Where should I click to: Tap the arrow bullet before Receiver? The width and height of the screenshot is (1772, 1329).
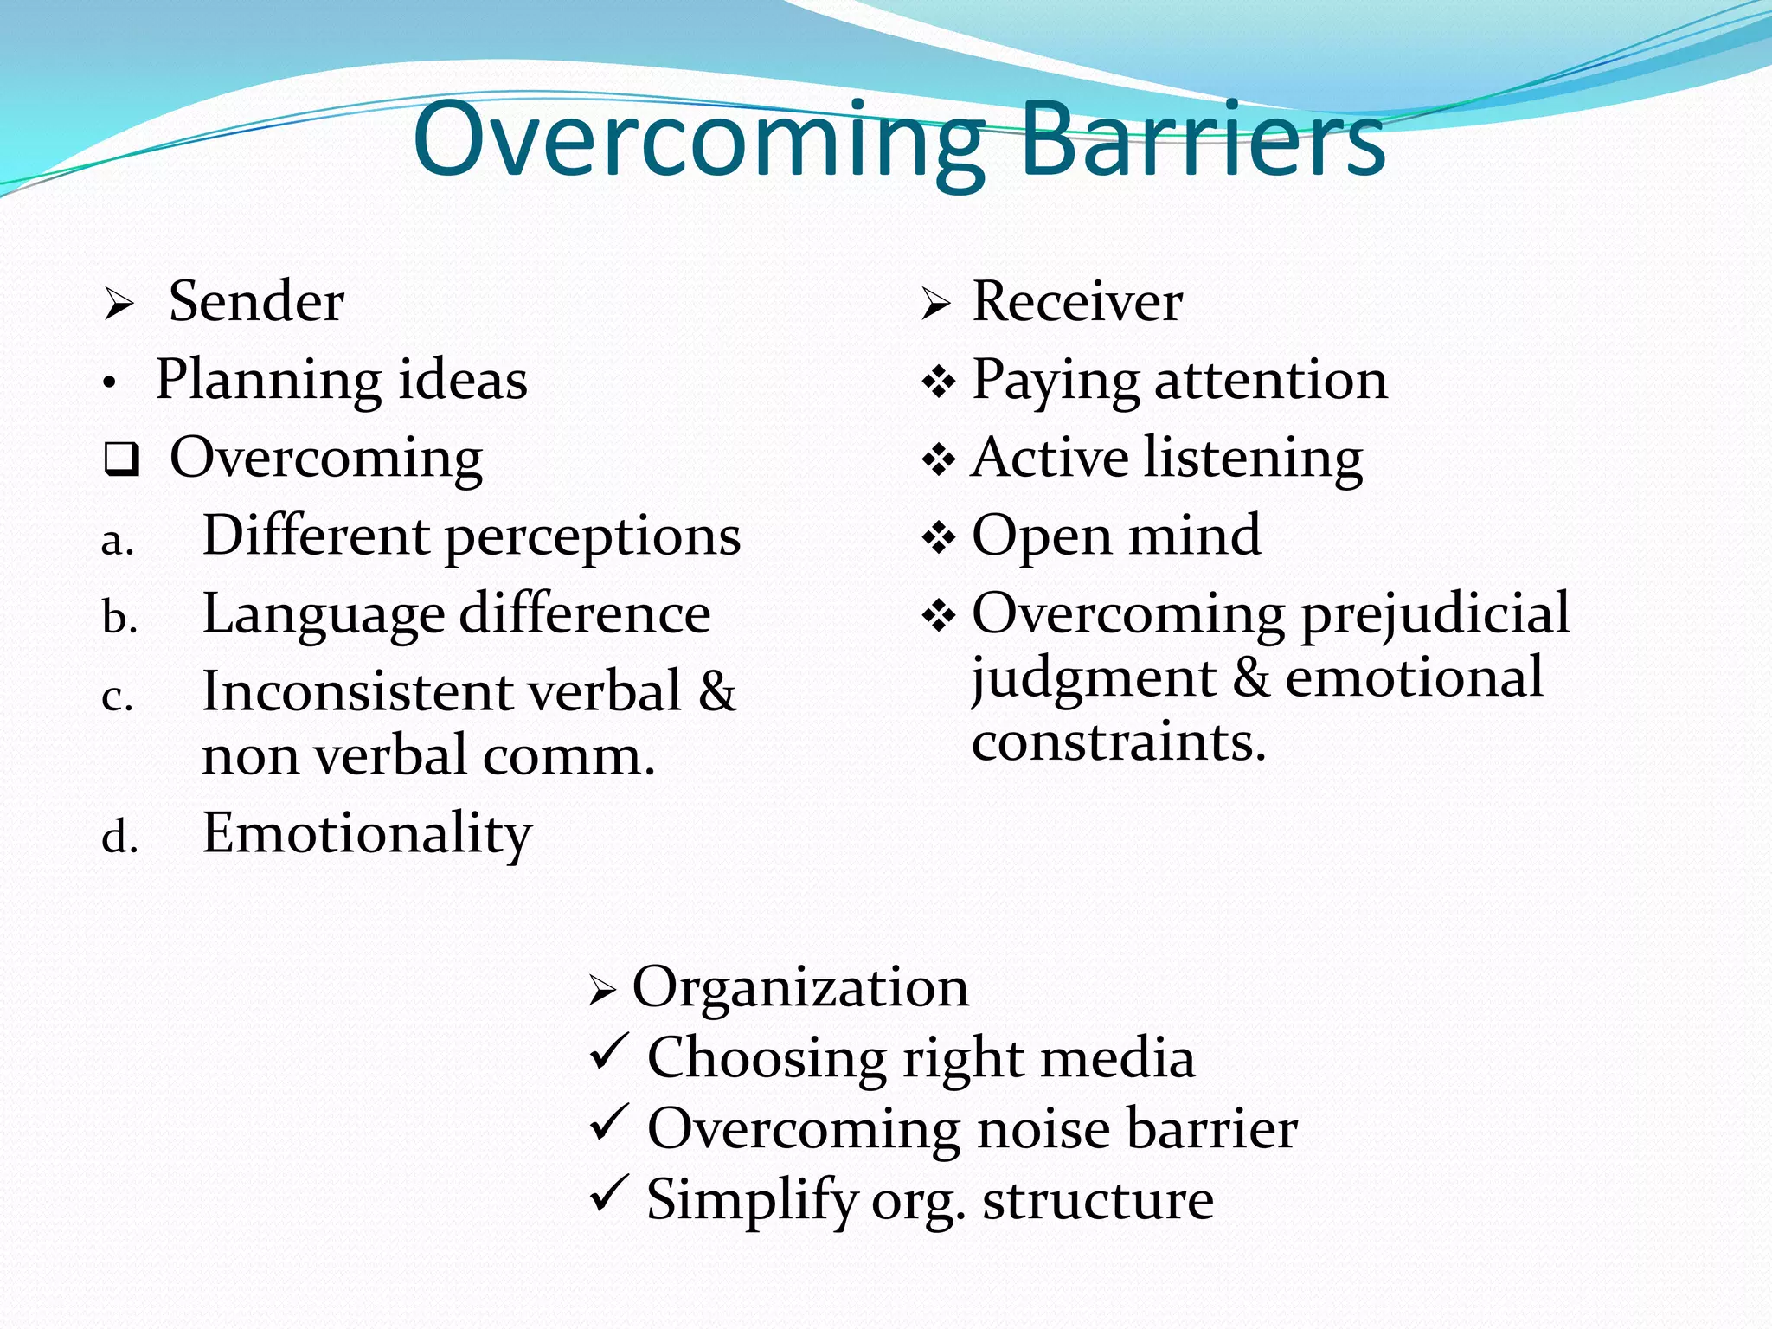pos(935,304)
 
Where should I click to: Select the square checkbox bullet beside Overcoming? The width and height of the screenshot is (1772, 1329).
pos(121,459)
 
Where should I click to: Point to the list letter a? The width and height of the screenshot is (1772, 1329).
pos(117,541)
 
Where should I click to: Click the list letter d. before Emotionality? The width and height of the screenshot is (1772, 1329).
pos(119,838)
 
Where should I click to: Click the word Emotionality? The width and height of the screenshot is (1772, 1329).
pos(367,834)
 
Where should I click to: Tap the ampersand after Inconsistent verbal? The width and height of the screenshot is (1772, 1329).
pos(717,691)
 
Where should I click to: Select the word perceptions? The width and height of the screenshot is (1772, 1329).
pos(593,536)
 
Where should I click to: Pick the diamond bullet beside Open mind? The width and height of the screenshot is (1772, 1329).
pos(939,537)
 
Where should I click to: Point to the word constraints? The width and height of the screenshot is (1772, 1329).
pos(1118,742)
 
